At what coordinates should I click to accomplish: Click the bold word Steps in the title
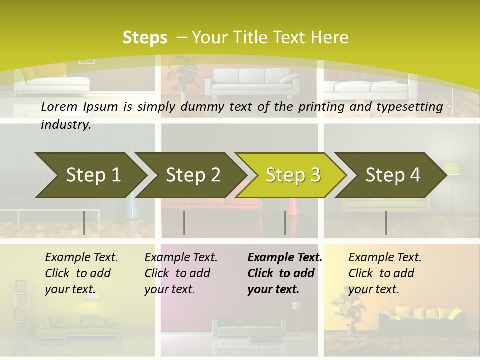coord(145,37)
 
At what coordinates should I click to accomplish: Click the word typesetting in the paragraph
coord(413,106)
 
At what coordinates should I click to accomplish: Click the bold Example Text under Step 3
coord(285,257)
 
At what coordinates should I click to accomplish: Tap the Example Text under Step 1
coord(81,257)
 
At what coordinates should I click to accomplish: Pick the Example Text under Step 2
coord(181,257)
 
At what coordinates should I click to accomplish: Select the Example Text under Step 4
coord(385,257)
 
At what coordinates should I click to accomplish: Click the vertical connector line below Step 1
coord(84,223)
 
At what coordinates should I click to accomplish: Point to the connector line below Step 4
coord(386,223)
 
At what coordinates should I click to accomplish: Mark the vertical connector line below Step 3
coord(285,223)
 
